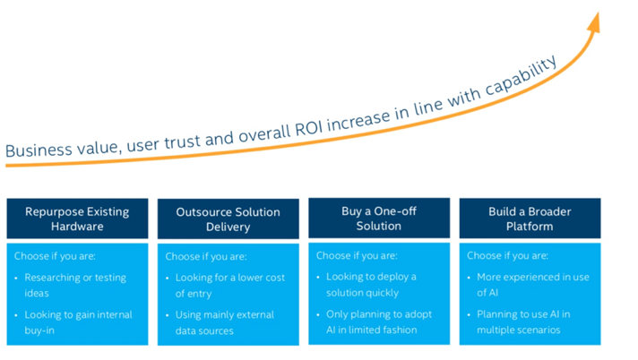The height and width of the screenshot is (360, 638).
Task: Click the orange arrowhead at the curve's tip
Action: click(x=594, y=22)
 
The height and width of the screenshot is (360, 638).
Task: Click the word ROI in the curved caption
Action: click(x=309, y=128)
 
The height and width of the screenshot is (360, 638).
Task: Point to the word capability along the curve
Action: click(x=522, y=76)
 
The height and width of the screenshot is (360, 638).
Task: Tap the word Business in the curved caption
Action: click(x=39, y=150)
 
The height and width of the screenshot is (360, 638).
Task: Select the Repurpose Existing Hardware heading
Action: click(x=77, y=219)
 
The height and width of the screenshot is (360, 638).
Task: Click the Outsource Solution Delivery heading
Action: click(x=228, y=219)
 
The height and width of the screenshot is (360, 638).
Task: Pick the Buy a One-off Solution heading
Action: click(x=379, y=219)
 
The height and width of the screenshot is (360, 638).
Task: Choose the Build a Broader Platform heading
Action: click(x=530, y=219)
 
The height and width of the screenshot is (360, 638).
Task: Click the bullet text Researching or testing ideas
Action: click(x=75, y=285)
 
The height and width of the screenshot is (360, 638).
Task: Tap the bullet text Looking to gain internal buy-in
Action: click(x=78, y=322)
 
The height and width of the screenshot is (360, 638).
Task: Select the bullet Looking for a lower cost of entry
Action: click(x=230, y=286)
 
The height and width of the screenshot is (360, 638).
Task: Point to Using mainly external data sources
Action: click(x=225, y=322)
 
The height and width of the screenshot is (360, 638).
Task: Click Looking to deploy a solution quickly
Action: click(x=371, y=285)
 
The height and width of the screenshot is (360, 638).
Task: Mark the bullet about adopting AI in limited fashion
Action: click(x=379, y=321)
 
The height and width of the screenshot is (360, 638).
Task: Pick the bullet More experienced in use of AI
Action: click(x=533, y=285)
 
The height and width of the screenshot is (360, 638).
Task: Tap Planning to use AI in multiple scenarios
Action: click(x=523, y=321)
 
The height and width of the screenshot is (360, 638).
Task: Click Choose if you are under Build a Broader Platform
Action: click(x=507, y=255)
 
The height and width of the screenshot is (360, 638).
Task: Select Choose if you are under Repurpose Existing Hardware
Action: click(x=55, y=256)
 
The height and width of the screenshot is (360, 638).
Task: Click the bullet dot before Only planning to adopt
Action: click(x=318, y=315)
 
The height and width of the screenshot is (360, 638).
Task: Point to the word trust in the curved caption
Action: click(x=182, y=142)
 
